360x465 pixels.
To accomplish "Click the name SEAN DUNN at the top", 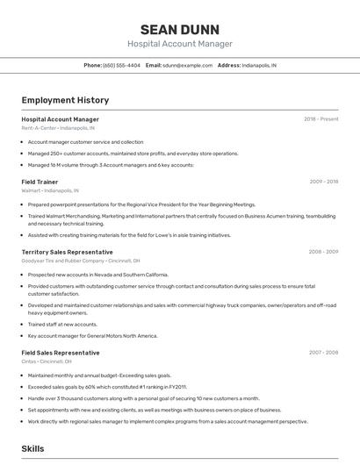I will click(179, 29).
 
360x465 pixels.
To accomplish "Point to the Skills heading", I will click(32, 448).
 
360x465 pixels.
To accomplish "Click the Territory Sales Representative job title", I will click(67, 252).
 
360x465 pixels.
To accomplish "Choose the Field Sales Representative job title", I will click(61, 353).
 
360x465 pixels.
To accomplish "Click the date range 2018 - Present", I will click(320, 119).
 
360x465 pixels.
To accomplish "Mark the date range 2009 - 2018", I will click(323, 182).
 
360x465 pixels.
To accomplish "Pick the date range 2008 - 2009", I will click(323, 252).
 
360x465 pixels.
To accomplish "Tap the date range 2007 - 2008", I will click(323, 353).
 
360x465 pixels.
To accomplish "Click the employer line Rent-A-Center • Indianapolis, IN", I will click(58, 128).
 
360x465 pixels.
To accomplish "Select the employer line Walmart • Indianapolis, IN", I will click(50, 190).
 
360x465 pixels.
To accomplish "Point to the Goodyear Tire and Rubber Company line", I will click(81, 261).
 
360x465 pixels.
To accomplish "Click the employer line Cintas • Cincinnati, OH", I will click(47, 361).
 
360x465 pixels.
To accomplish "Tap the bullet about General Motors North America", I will click(92, 335).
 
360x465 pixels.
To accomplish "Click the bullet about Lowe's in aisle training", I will click(129, 235).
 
